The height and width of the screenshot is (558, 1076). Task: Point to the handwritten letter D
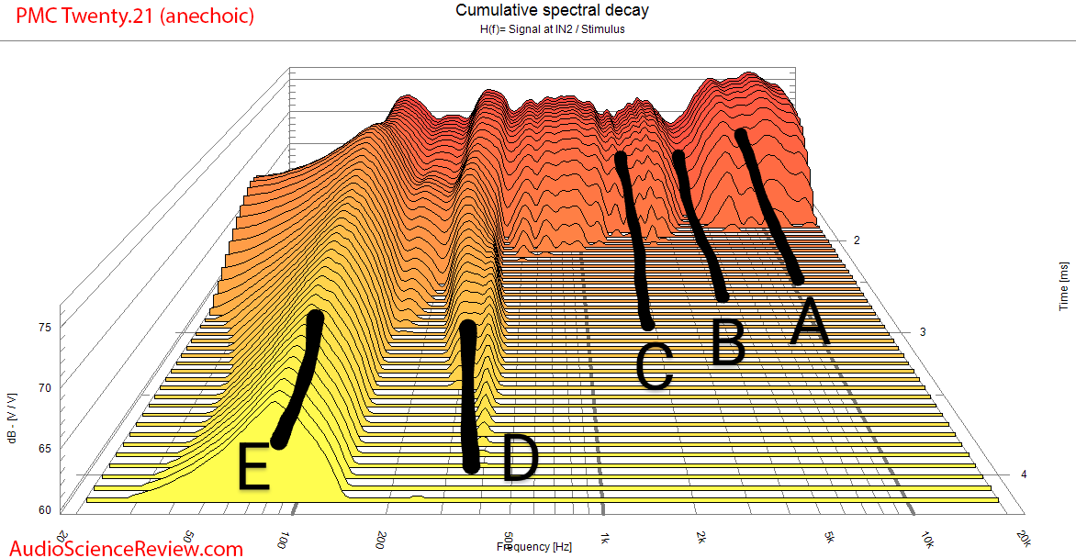(519, 459)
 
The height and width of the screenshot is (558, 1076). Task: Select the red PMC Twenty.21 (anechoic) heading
(128, 16)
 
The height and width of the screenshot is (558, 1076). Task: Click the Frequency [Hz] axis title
(534, 547)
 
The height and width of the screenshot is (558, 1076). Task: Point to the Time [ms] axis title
(1064, 285)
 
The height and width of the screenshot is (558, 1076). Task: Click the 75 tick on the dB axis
(44, 326)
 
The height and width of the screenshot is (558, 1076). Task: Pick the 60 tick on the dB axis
(44, 509)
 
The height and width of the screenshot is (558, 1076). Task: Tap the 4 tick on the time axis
(1023, 474)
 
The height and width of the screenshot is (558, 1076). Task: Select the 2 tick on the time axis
(857, 240)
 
